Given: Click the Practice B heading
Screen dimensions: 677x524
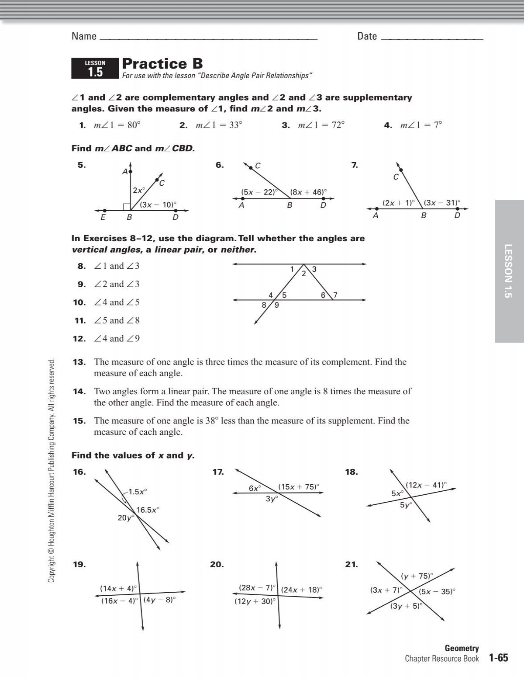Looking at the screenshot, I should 162,64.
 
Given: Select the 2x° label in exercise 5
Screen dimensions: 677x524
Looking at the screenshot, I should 138,191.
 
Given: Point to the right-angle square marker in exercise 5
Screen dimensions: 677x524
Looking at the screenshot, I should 126,206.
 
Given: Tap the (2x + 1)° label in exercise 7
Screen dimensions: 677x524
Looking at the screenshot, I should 398,203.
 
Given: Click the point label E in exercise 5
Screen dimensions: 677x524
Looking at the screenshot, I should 103,217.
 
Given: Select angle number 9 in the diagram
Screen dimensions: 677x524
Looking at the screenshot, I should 277,306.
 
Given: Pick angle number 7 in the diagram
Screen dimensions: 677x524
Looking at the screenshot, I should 335,295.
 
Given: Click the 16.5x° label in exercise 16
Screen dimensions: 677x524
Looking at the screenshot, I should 148,510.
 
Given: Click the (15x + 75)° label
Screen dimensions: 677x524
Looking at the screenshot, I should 299,487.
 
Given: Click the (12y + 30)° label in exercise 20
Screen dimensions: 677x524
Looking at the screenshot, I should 255,601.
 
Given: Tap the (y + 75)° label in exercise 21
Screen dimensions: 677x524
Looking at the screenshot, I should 417,576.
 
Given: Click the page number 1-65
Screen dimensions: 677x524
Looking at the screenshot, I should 499,658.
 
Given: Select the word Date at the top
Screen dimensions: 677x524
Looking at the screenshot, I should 367,36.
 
